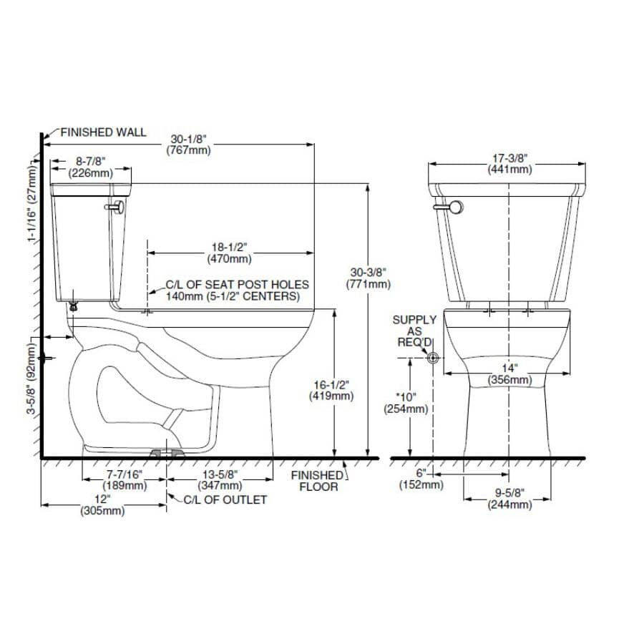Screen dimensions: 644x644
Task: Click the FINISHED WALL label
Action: click(x=103, y=132)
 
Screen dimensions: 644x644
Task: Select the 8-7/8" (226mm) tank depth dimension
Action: click(x=90, y=167)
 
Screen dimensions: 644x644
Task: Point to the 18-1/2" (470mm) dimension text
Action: click(x=229, y=252)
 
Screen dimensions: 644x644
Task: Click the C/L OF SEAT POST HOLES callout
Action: click(x=237, y=290)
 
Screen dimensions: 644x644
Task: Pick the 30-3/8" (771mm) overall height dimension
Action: click(x=369, y=278)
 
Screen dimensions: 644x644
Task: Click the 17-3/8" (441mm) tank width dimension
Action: click(x=509, y=164)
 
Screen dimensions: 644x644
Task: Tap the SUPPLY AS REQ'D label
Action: click(x=414, y=331)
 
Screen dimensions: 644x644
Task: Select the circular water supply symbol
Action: click(x=432, y=356)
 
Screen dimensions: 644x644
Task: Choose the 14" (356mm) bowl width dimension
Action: click(x=509, y=374)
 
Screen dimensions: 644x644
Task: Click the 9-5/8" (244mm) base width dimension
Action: click(x=509, y=499)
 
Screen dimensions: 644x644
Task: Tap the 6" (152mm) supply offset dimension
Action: click(x=421, y=479)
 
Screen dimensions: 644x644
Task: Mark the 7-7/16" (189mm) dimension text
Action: click(x=125, y=479)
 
